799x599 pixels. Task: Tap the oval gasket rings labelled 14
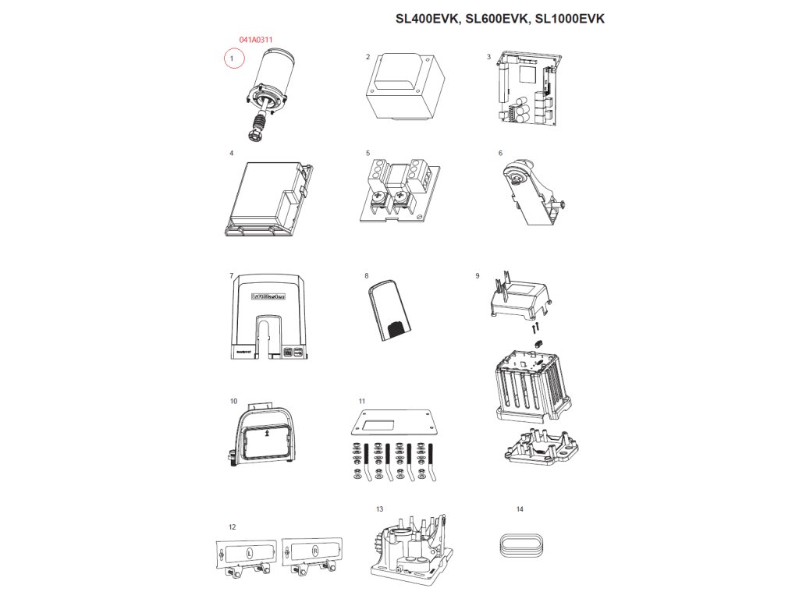pyautogui.click(x=520, y=544)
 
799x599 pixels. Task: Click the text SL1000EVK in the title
pyautogui.click(x=570, y=19)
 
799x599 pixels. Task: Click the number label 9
pyautogui.click(x=477, y=276)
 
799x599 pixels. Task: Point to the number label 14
pyautogui.click(x=520, y=509)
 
